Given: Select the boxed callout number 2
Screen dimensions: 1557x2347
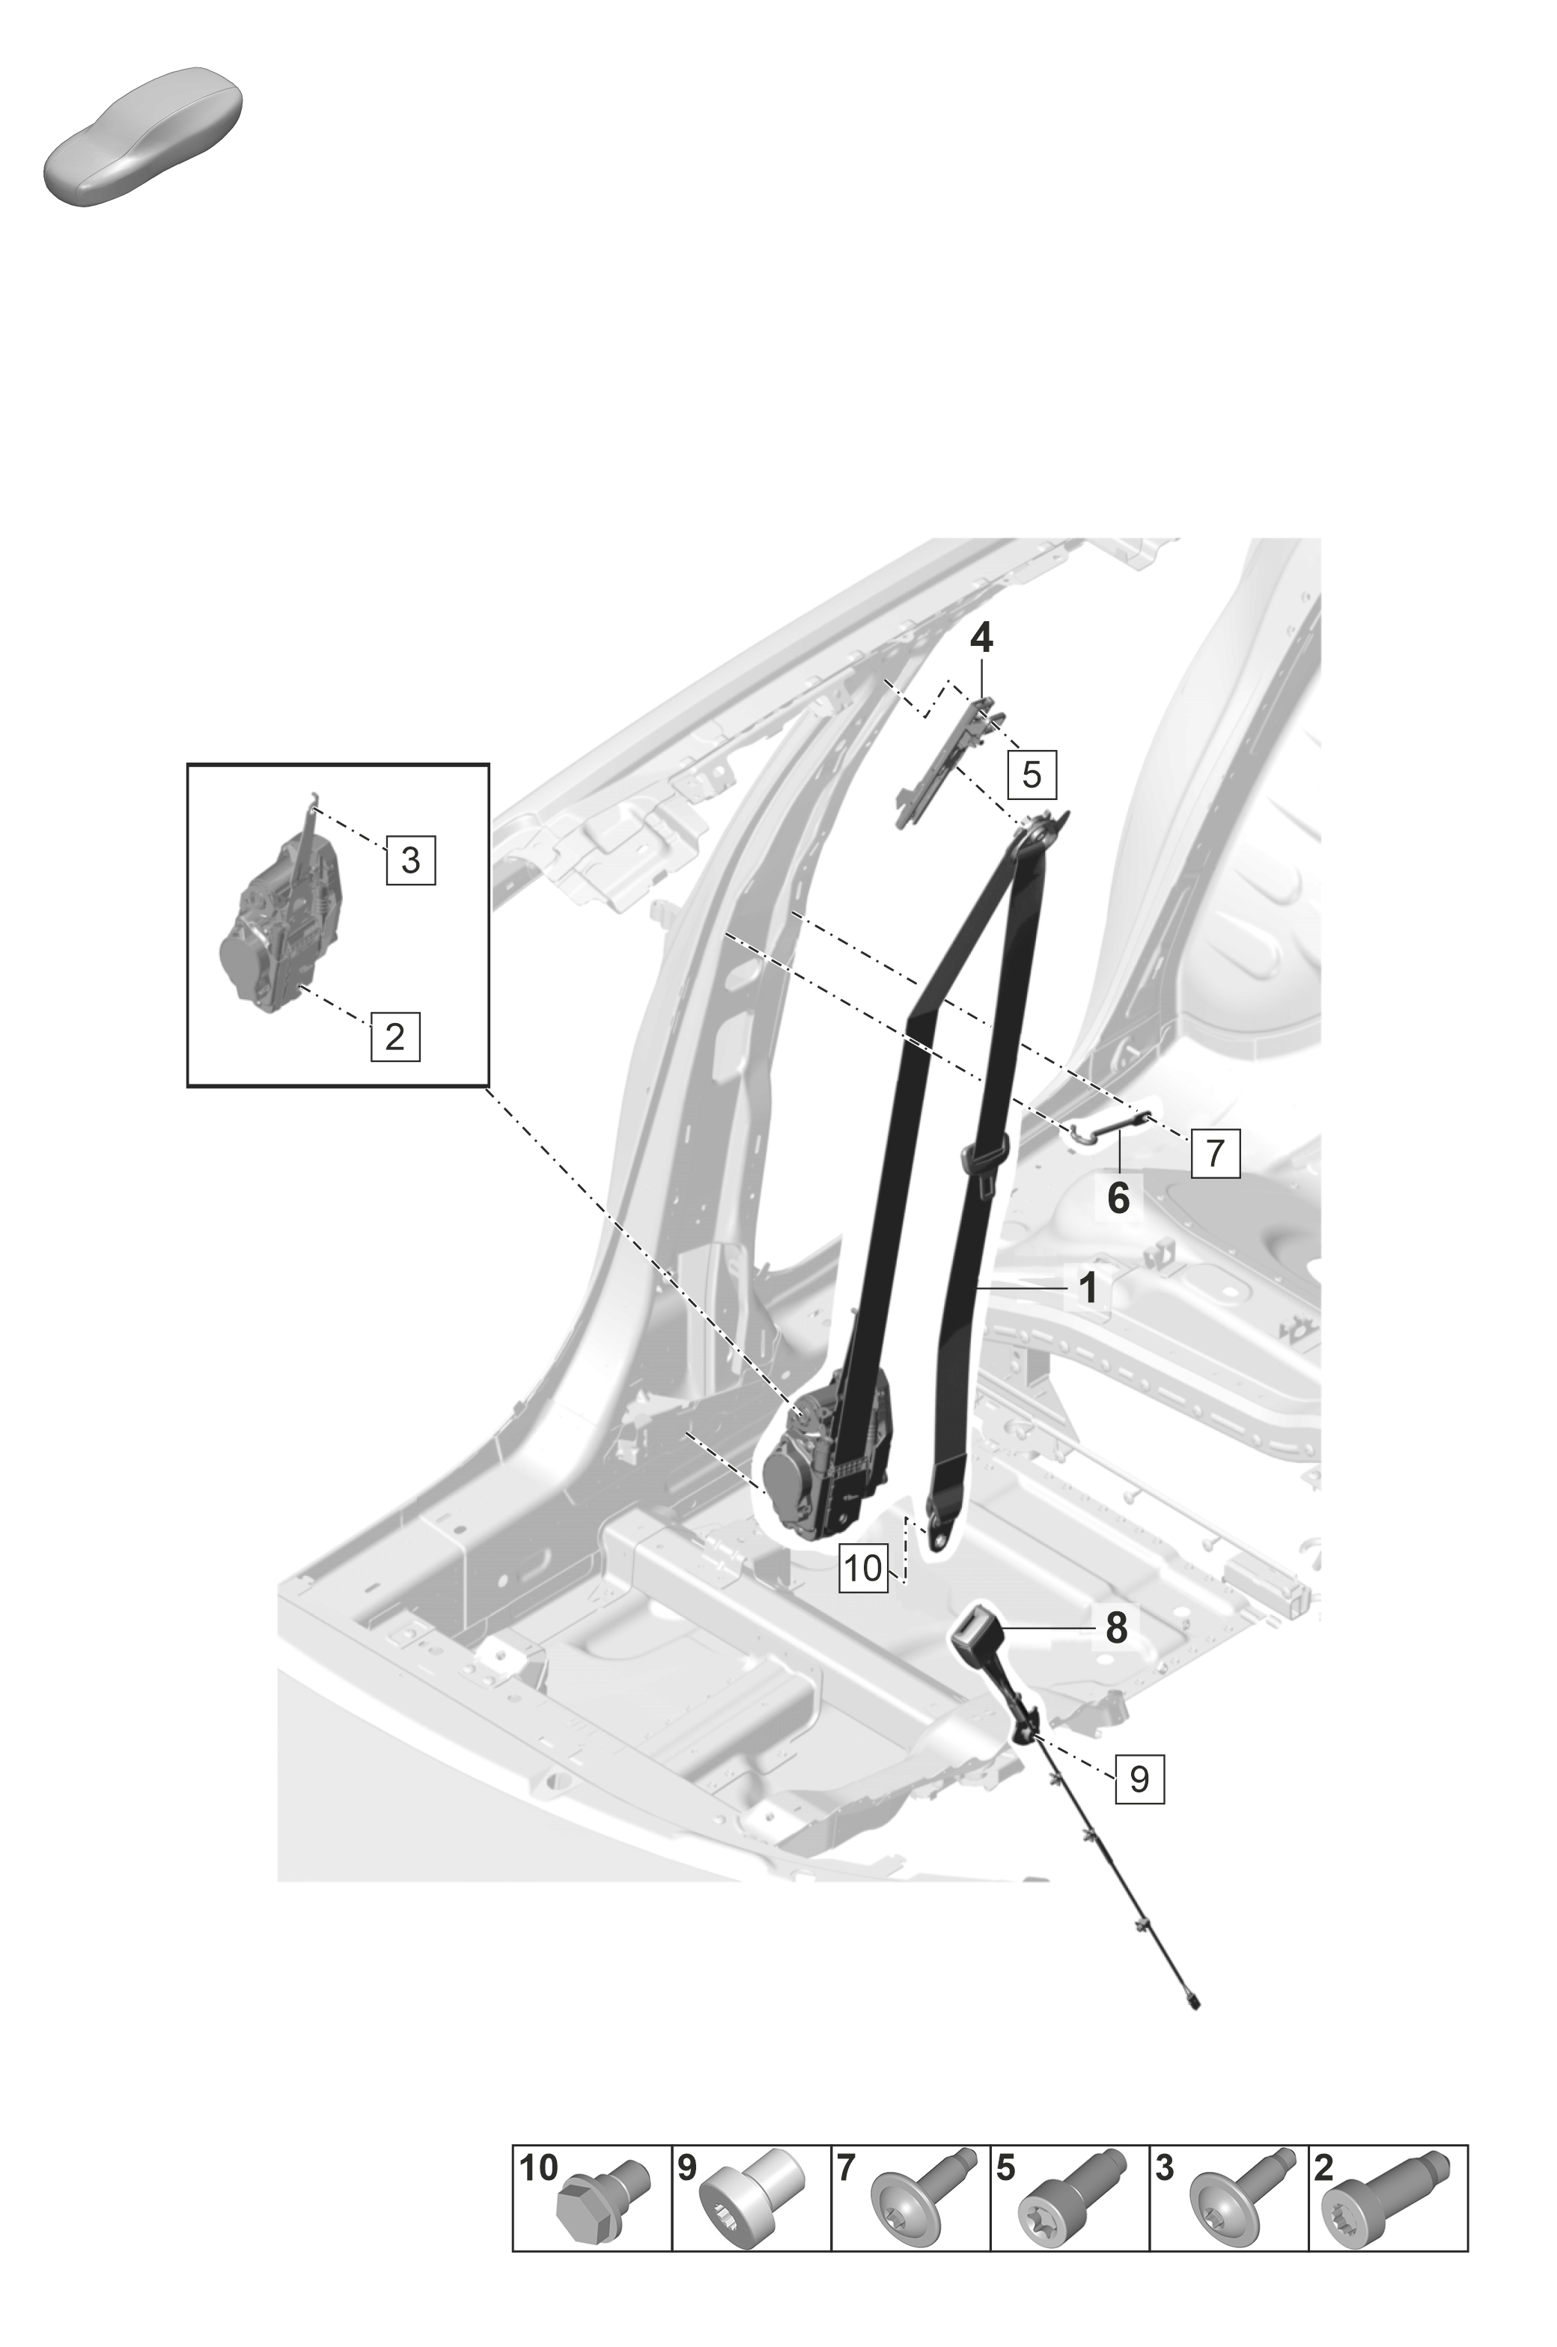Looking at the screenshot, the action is coord(395,1037).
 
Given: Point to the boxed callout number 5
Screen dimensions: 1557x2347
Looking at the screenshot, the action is coord(1032,775).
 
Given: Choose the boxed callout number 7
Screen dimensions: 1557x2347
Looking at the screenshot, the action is coord(1216,1153).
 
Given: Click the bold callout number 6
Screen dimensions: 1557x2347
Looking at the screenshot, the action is coord(1118,1198).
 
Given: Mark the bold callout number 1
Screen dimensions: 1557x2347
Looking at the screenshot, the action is coord(1088,1289).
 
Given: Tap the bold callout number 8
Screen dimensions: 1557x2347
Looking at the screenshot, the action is coord(1117,1629).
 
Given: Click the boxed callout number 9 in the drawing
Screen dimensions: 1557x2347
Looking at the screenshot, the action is coord(1139,1778).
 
